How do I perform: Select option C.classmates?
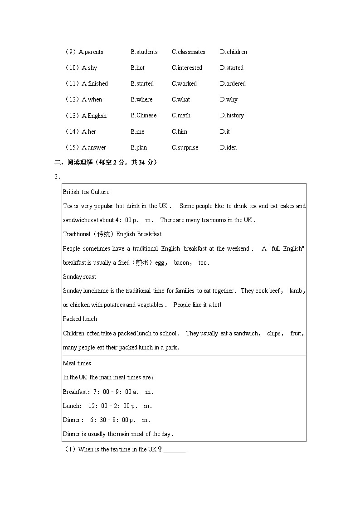coord(188,52)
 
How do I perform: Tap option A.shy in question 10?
coord(89,68)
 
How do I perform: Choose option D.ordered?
coord(233,84)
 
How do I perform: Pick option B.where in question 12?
coord(141,100)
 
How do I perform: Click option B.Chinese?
coord(143,116)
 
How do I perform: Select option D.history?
coord(232,116)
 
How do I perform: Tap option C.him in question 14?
coord(179,132)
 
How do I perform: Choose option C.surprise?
coord(185,148)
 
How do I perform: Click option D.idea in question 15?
coord(228,148)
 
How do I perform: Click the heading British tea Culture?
coord(86,192)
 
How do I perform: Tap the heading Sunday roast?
coord(79,277)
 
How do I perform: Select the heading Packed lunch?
coord(80,319)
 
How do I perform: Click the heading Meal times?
coord(77,364)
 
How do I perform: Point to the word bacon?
coord(182,263)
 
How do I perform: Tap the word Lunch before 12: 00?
coord(72,406)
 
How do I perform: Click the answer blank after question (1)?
coord(174,450)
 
